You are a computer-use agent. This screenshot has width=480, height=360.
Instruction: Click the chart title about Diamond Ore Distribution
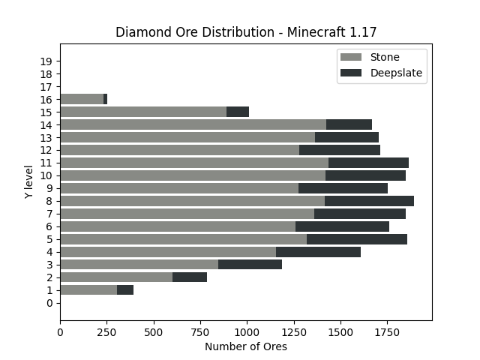tap(246, 32)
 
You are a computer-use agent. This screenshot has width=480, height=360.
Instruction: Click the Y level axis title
tap(28, 181)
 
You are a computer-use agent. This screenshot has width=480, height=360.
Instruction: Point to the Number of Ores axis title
tap(246, 346)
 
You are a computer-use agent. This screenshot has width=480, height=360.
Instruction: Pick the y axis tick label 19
tap(46, 61)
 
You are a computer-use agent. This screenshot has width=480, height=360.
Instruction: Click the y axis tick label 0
tap(49, 303)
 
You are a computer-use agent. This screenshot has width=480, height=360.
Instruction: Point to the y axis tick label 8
tap(49, 201)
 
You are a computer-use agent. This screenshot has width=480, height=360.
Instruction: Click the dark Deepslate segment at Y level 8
tap(369, 201)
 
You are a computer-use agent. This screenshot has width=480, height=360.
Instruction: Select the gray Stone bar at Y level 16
tap(82, 99)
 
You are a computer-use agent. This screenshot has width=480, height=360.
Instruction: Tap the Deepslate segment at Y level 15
tap(238, 112)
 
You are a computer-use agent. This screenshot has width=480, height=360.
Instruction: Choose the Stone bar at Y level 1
tap(88, 289)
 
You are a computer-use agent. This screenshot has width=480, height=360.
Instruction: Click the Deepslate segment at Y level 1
tap(125, 289)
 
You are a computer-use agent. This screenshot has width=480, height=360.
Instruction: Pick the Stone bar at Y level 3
tap(139, 264)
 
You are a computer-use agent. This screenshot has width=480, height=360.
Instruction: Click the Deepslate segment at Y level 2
tap(190, 277)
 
